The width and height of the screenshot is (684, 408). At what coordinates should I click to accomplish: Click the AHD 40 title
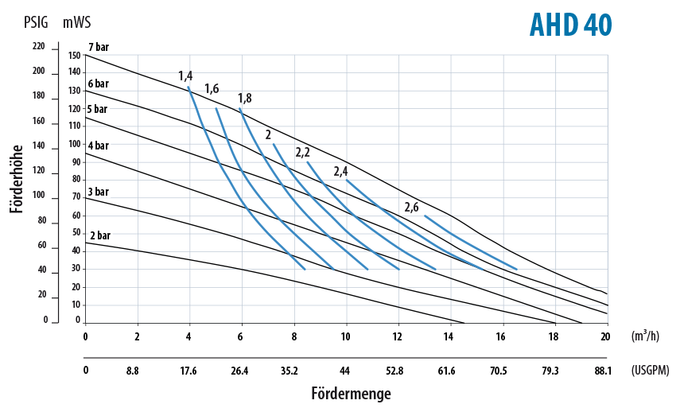pos(570,25)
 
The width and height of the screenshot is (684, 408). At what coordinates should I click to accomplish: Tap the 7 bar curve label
pos(99,48)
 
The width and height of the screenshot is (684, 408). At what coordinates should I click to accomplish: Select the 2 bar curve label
pos(99,236)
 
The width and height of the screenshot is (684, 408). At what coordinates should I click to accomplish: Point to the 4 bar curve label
pos(99,146)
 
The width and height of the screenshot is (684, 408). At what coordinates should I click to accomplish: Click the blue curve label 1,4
pos(185,76)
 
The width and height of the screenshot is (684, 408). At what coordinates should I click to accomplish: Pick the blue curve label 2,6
pos(412,208)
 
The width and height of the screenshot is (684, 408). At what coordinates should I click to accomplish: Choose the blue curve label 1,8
pos(245,98)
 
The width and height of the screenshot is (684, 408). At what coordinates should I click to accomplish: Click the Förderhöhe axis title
pos(16,178)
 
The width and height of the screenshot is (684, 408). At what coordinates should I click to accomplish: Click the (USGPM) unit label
pos(649,370)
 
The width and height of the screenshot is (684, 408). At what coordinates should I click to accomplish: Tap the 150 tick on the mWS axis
pos(75,55)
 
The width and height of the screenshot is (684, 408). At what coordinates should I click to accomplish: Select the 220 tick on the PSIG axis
pos(40,47)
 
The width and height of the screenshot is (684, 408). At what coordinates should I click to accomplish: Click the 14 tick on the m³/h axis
pos(450,336)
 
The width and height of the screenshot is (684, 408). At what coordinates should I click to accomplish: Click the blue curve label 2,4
pos(341,171)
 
